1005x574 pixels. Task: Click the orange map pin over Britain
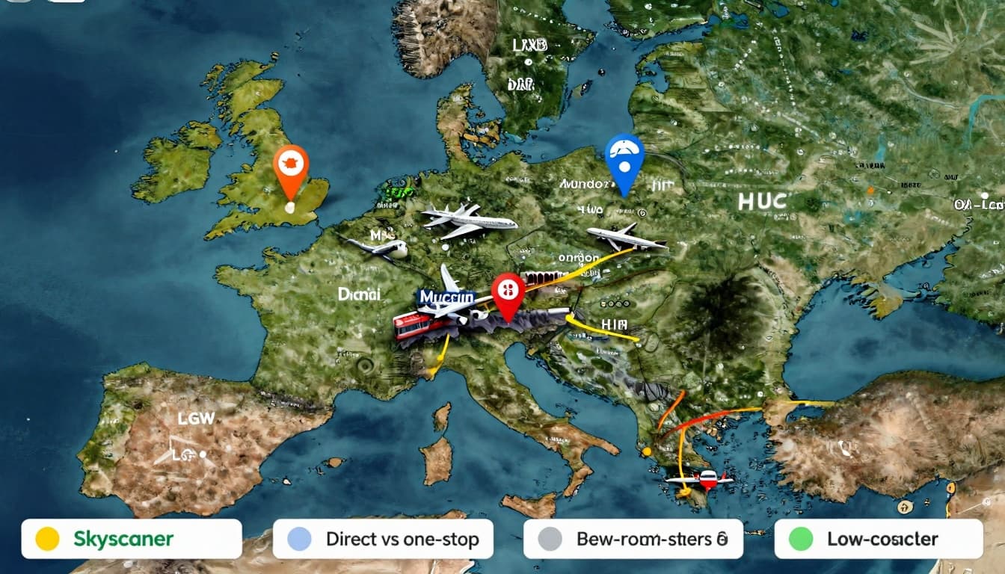291,167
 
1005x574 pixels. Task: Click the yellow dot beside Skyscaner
47,539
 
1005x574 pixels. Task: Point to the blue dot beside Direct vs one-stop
299,539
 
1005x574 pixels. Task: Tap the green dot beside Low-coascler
801,539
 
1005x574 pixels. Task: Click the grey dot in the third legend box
550,539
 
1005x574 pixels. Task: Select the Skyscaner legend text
123,539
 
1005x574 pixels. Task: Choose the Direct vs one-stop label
402,539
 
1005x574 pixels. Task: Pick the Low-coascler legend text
882,539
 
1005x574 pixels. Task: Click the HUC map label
762,201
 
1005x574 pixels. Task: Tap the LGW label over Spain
195,419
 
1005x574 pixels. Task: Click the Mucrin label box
446,298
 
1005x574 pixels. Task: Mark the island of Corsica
442,416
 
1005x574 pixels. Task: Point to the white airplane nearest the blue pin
625,238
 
